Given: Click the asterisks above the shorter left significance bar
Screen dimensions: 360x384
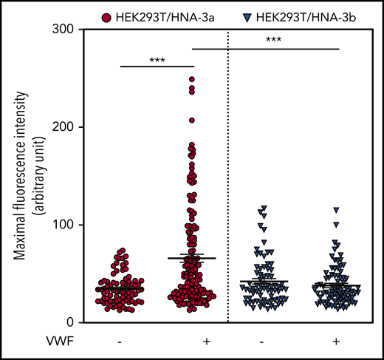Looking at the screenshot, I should tap(155, 59).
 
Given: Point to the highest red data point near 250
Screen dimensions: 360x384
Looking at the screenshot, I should tap(191, 79).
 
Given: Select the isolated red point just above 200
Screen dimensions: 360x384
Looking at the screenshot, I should tap(191, 120).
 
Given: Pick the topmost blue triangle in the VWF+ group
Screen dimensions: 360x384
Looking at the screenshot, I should tap(336, 210).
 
